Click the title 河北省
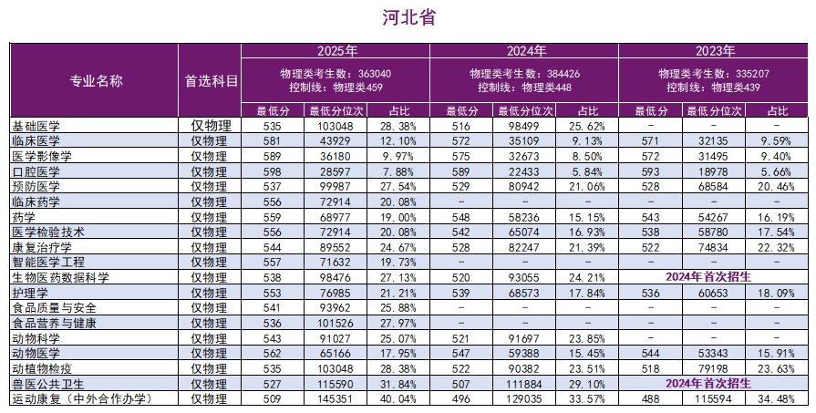coord(408,17)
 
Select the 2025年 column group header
coord(336,50)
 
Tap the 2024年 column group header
coord(523,50)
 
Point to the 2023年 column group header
coord(713,50)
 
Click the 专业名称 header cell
coord(96,80)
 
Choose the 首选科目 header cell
coord(211,80)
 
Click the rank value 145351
coord(336,399)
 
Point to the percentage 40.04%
coord(398,399)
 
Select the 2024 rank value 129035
coord(523,399)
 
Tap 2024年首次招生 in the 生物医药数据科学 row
coord(713,277)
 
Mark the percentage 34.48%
coord(778,399)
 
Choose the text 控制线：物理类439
coord(713,88)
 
